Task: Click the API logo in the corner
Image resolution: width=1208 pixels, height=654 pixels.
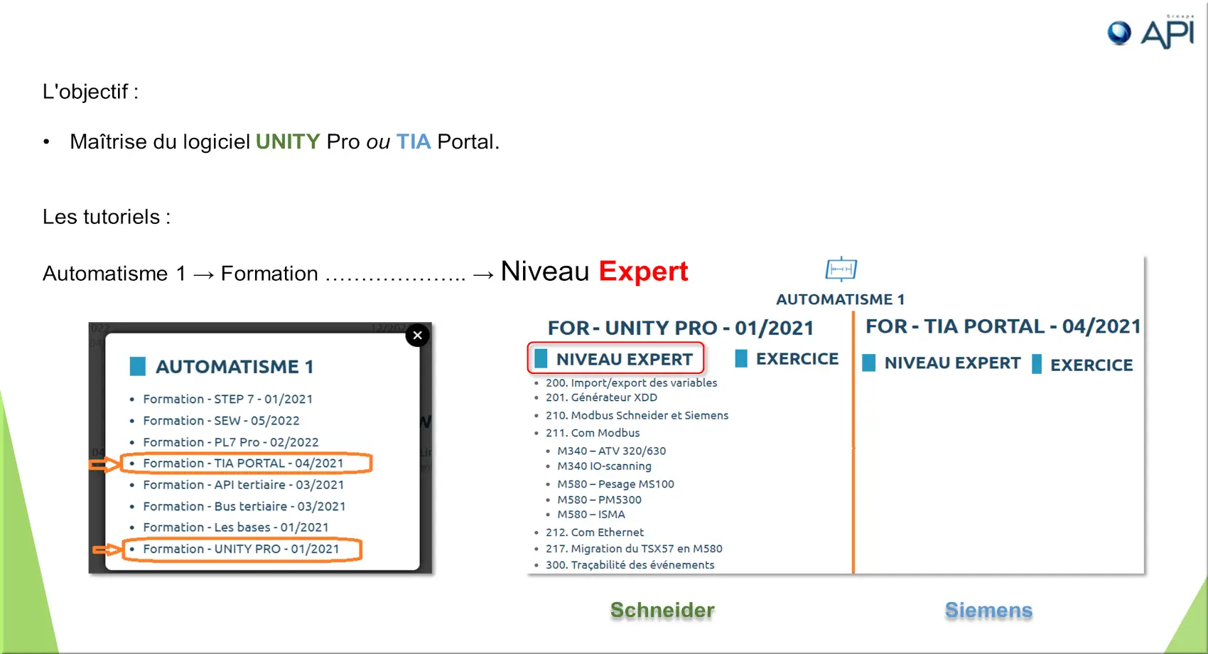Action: pos(1151,33)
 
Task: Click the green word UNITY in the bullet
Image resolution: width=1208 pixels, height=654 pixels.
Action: pos(288,141)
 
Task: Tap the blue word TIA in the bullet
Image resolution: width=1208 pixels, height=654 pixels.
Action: pos(414,141)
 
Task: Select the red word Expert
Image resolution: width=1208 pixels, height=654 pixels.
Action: pos(643,272)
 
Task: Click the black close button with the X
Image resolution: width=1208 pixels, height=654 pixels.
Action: pos(417,336)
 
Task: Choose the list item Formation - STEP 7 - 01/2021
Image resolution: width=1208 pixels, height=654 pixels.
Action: pos(227,399)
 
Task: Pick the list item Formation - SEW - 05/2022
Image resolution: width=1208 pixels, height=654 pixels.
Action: pos(221,420)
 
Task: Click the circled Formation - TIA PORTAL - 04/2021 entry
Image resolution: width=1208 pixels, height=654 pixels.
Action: pos(243,463)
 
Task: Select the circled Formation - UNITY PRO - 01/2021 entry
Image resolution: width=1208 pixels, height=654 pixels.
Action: pos(241,549)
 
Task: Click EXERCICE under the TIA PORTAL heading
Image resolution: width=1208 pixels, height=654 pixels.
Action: pos(1091,365)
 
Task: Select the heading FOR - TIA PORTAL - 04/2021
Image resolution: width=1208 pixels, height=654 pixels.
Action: pos(1003,326)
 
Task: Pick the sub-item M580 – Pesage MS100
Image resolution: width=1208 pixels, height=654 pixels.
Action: pos(616,484)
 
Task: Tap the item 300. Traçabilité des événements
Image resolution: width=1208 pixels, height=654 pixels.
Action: pos(630,565)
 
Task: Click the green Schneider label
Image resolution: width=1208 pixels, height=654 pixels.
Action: pos(662,611)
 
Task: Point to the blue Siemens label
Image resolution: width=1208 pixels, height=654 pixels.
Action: pos(988,611)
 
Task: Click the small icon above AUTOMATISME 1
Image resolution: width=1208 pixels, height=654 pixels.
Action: pos(841,269)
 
